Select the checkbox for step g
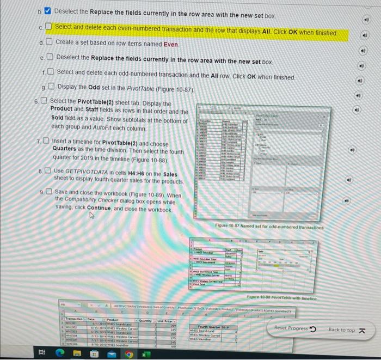[50, 87]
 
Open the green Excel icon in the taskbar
[145, 351]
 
